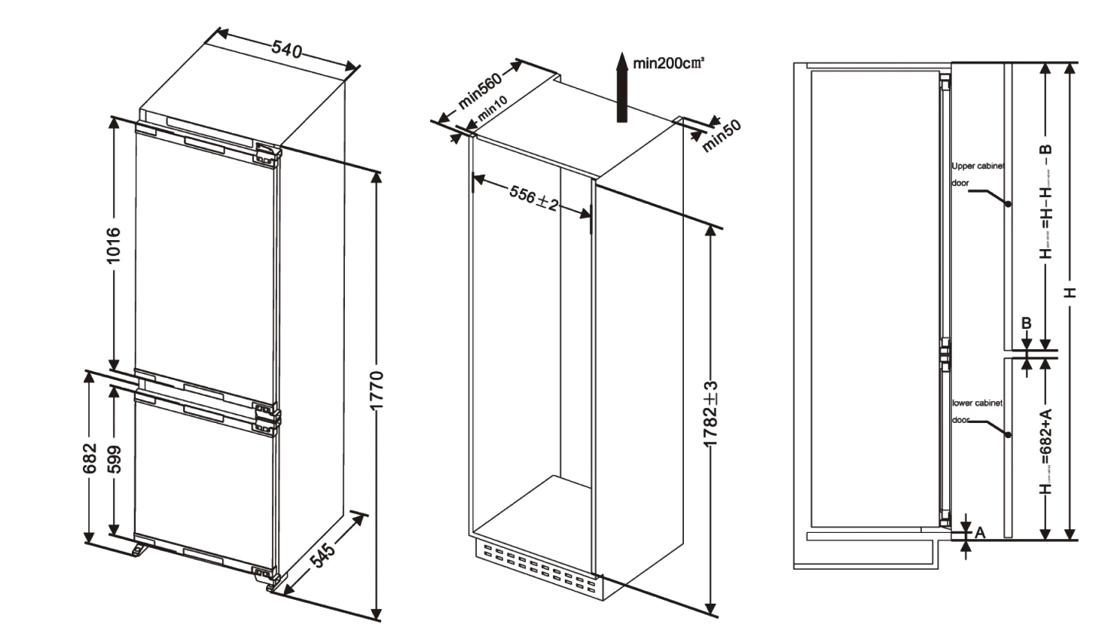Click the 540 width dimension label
pos(287,50)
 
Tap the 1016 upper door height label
pos(113,245)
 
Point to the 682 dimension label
pos(90,458)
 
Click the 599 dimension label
pos(114,459)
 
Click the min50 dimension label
pos(722,135)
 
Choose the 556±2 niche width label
pos(533,198)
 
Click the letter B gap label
pos(1026,324)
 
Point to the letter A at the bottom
pos(980,533)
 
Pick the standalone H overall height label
pos(1070,292)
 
